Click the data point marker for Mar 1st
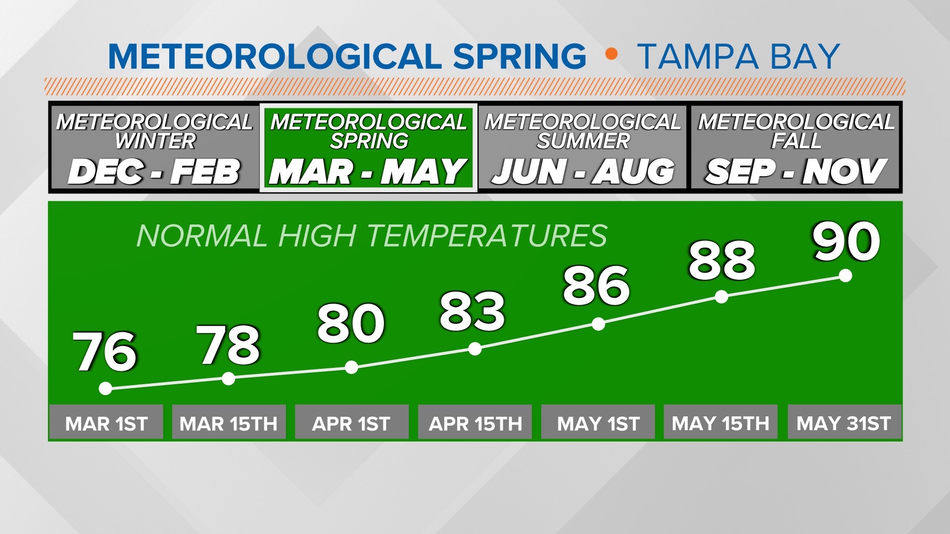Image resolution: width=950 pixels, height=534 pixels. pyautogui.click(x=105, y=389)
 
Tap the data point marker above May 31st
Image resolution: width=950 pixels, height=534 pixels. pyautogui.click(x=846, y=275)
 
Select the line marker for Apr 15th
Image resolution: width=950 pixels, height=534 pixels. pyautogui.click(x=475, y=349)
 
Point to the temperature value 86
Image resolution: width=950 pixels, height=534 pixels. pyautogui.click(x=596, y=285)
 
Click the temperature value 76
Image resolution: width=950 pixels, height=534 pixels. pyautogui.click(x=104, y=351)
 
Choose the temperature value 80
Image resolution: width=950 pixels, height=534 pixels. pyautogui.click(x=351, y=323)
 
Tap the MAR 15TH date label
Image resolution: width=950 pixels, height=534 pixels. pyautogui.click(x=229, y=423)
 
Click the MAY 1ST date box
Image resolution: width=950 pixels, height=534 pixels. pyautogui.click(x=598, y=423)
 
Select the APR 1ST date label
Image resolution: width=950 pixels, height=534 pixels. pyautogui.click(x=351, y=423)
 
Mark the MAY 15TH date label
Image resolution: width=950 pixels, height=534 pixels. pyautogui.click(x=720, y=423)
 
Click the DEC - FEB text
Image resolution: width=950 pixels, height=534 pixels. pyautogui.click(x=154, y=172)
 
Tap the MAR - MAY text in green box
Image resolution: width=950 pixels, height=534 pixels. pyautogui.click(x=368, y=172)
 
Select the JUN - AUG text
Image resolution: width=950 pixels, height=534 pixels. pyautogui.click(x=583, y=172)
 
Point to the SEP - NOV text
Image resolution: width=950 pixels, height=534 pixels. pyautogui.click(x=796, y=172)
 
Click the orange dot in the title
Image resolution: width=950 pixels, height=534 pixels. pyautogui.click(x=612, y=54)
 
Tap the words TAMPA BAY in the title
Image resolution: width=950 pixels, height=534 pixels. pyautogui.click(x=738, y=56)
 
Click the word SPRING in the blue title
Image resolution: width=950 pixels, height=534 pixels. pyautogui.click(x=520, y=56)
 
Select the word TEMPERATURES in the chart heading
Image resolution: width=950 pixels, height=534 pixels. pyautogui.click(x=487, y=235)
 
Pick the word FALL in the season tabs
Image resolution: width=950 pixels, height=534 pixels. pyautogui.click(x=796, y=141)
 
